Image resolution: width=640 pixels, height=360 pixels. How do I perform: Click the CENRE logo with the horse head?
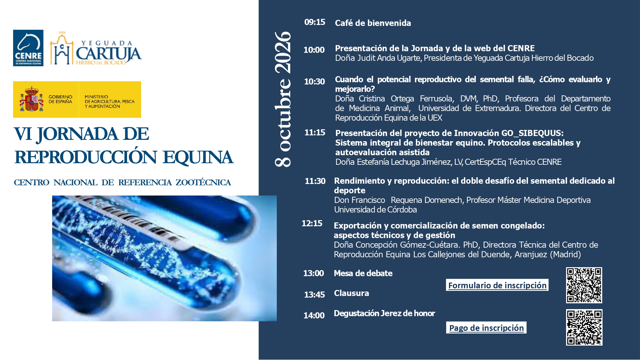click(28, 48)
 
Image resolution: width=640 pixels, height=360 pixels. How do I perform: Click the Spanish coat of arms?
click(31, 99)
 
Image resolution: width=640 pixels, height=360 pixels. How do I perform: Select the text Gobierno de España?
click(60, 99)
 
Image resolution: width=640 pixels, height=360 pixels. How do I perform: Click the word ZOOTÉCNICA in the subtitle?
click(203, 182)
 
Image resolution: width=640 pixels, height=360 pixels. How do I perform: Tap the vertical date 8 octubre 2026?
click(283, 99)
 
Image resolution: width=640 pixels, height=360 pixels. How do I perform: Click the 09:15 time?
click(315, 22)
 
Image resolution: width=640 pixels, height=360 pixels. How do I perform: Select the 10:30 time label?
click(314, 82)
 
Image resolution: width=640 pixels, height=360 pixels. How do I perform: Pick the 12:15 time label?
click(312, 223)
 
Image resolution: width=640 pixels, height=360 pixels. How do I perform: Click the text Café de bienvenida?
click(373, 23)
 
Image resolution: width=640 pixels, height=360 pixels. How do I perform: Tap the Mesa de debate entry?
click(363, 273)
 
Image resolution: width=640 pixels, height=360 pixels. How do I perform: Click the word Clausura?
click(351, 293)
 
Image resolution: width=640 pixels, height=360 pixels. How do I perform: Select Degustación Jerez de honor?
click(384, 313)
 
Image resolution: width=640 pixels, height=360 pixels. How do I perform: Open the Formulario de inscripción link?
click(497, 285)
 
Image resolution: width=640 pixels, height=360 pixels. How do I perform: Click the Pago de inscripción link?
click(486, 328)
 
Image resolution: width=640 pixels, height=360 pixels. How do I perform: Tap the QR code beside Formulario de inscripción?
click(584, 285)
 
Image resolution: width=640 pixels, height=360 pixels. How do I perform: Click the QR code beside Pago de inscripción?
click(584, 327)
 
